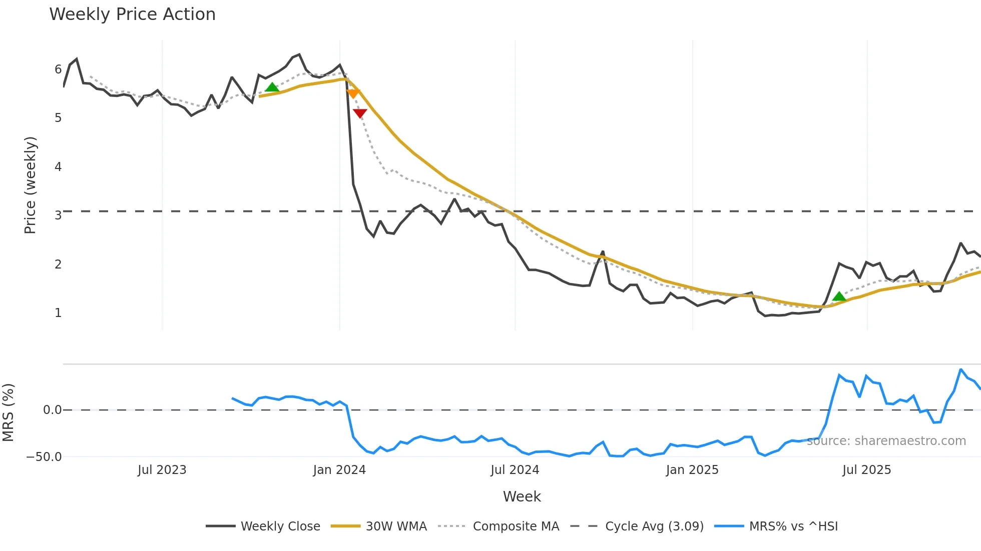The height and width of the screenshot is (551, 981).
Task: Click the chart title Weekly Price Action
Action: click(x=132, y=14)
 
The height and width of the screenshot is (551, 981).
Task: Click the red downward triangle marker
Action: click(x=360, y=113)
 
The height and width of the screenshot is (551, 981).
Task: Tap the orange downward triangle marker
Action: click(x=353, y=93)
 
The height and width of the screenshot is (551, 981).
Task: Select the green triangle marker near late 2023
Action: click(x=272, y=87)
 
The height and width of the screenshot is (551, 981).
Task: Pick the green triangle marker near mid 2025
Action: click(x=839, y=296)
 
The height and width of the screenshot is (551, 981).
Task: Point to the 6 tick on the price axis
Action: click(x=58, y=69)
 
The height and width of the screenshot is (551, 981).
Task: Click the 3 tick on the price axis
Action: click(x=58, y=215)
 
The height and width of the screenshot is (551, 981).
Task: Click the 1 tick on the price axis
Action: click(x=58, y=313)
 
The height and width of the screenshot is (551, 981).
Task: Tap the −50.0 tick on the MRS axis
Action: click(x=44, y=457)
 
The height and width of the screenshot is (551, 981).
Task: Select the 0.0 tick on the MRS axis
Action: click(x=52, y=410)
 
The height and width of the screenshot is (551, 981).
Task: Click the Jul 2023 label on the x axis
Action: click(x=162, y=470)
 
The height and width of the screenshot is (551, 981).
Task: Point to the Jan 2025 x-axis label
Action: click(x=692, y=470)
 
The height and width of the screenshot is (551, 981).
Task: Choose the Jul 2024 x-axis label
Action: click(x=515, y=470)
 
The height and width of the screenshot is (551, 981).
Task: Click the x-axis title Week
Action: click(x=522, y=496)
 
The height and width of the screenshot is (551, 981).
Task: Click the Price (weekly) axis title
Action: click(x=30, y=185)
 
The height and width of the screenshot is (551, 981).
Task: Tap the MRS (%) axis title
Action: click(x=8, y=412)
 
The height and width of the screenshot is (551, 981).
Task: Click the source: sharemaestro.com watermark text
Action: click(x=886, y=441)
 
